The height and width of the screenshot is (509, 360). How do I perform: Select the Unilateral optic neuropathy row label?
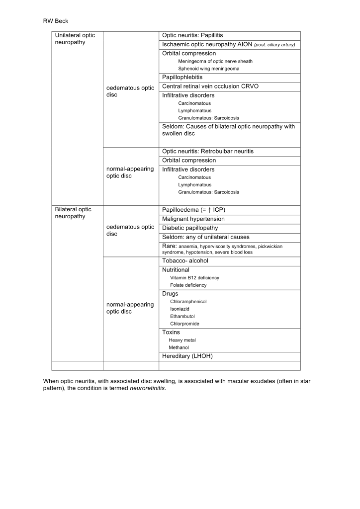coord(75,39)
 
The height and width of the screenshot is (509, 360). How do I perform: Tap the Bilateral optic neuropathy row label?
coord(73,213)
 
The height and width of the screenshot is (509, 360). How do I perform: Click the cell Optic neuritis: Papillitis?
coord(192,36)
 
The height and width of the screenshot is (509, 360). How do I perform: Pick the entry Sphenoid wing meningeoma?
coord(208,69)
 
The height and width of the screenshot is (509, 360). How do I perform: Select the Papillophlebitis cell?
coord(182,78)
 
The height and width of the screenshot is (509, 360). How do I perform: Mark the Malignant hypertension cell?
coord(193,219)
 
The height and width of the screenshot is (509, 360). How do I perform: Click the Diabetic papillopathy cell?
coord(190,228)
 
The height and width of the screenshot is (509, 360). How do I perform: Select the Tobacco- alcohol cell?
coord(185,261)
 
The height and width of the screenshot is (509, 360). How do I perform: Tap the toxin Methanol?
coord(179,347)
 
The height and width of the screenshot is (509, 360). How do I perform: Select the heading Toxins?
coord(171,332)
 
